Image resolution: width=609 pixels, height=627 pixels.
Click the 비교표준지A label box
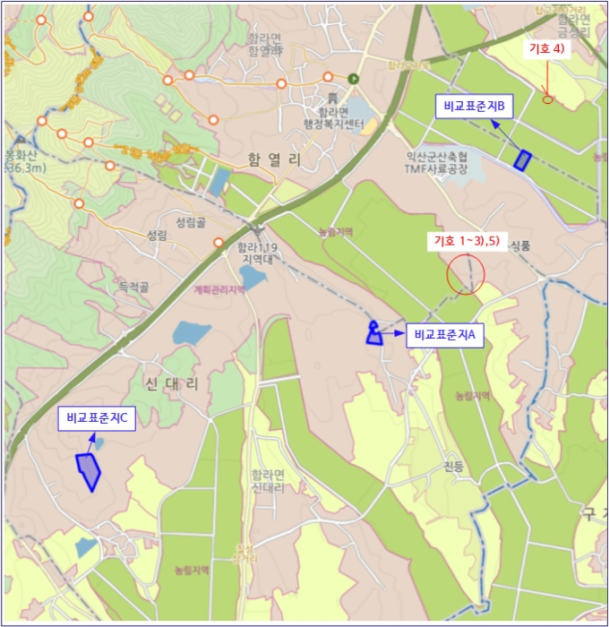[x=446, y=336]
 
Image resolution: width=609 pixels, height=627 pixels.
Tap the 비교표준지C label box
[x=98, y=418]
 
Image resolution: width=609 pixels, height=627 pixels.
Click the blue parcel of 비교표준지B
[x=522, y=160]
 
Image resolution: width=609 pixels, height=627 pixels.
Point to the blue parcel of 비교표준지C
[x=88, y=470]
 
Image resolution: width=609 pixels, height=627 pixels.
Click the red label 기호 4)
[x=546, y=48]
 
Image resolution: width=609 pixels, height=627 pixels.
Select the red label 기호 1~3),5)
[x=466, y=240]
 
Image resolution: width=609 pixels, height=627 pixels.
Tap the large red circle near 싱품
[x=465, y=273]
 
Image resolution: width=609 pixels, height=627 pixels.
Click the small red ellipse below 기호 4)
[x=547, y=99]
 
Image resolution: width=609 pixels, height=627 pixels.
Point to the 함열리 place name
[x=275, y=159]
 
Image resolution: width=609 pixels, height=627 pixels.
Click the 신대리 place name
[x=170, y=383]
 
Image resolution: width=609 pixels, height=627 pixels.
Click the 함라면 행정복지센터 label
[x=332, y=117]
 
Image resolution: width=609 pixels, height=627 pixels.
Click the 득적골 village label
[x=133, y=288]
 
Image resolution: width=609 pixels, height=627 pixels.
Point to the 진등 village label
[x=454, y=467]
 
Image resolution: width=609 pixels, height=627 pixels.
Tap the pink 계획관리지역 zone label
[x=219, y=289]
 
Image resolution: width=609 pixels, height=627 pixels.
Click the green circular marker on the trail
[x=353, y=78]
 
